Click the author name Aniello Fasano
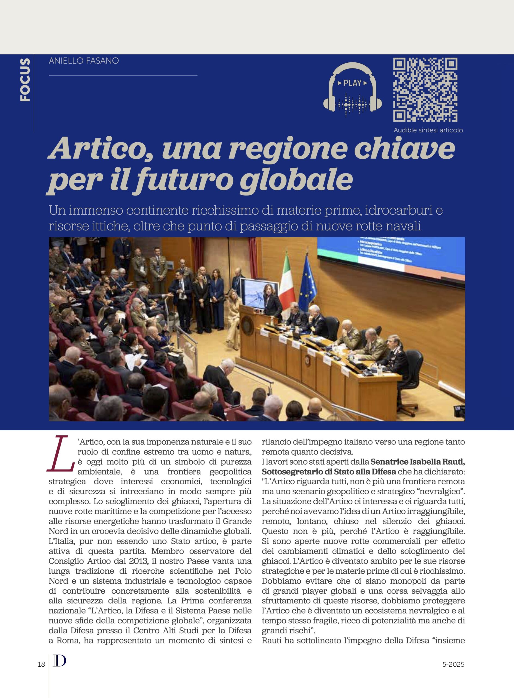pos(84,61)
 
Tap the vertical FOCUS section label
pos(25,80)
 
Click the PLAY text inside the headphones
pos(352,83)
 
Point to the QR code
pos(425,90)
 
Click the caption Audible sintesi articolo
pos(428,130)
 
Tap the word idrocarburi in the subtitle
pos(394,210)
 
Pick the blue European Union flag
pos(308,285)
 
